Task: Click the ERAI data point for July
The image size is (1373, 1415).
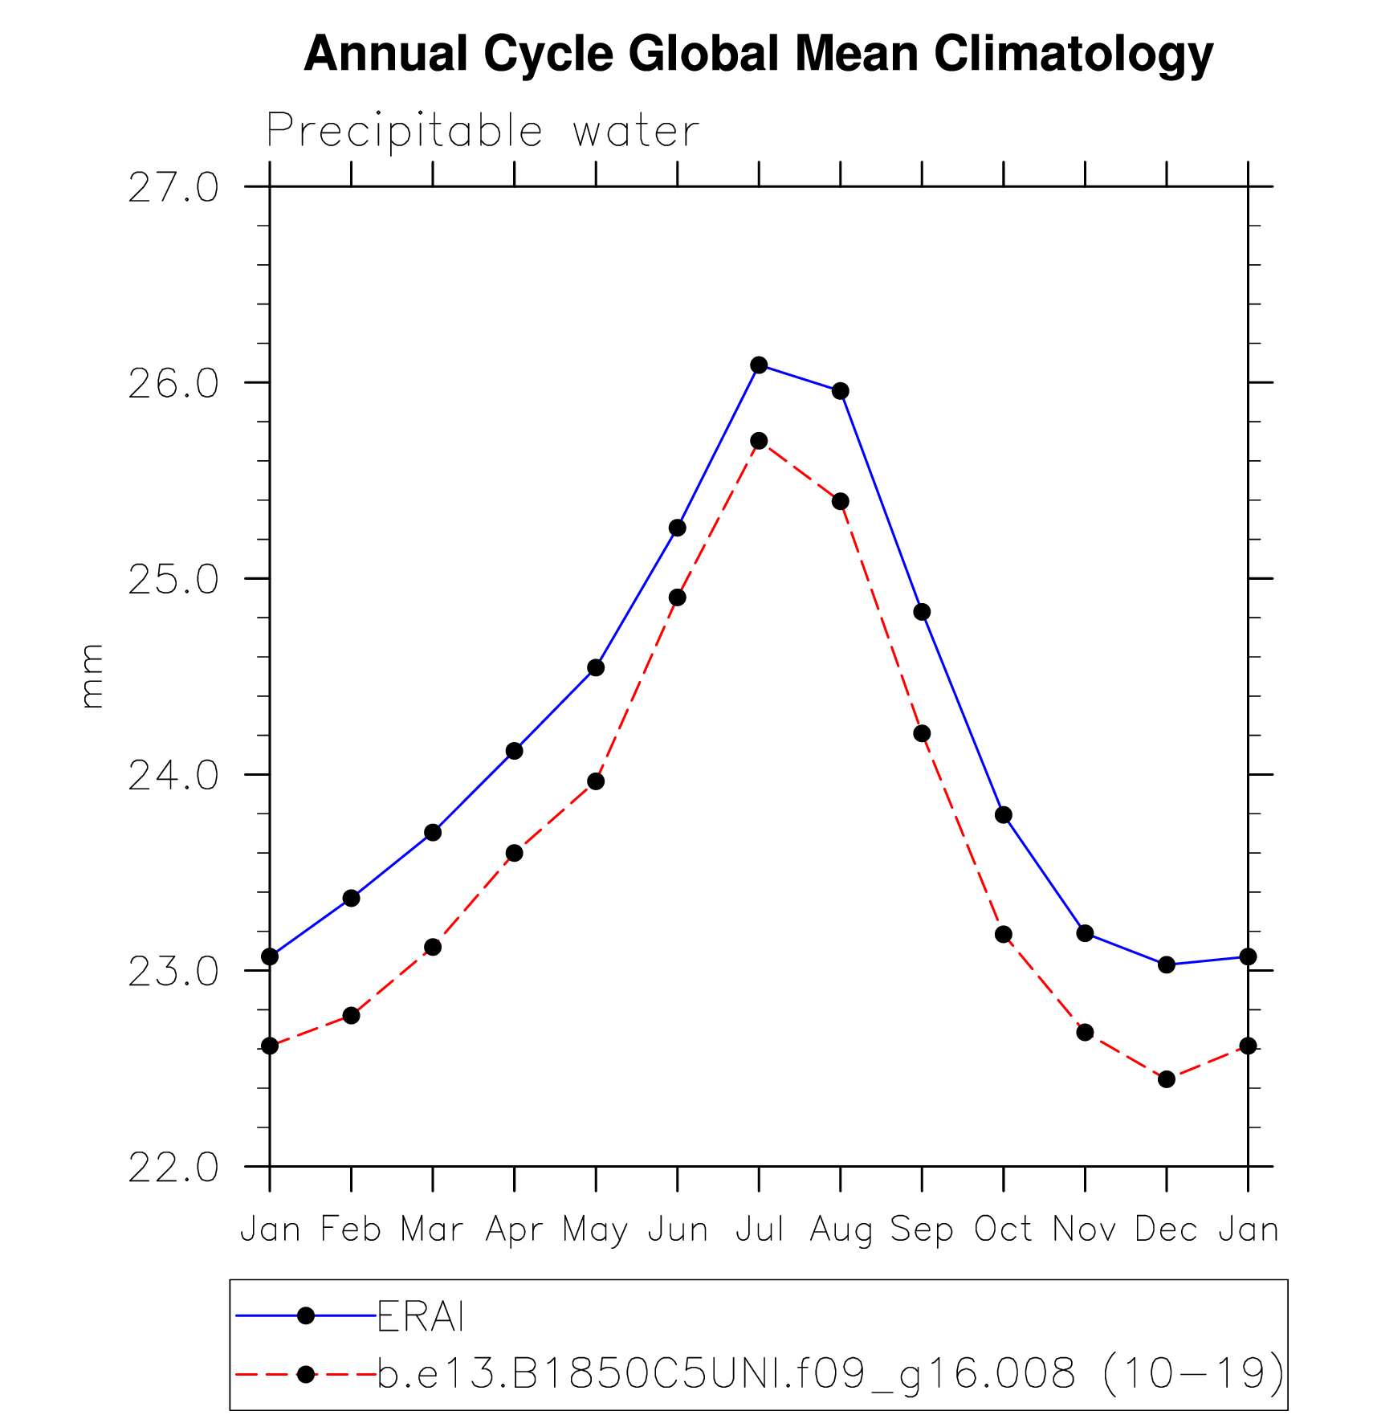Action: tap(759, 365)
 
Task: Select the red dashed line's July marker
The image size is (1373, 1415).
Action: tap(759, 441)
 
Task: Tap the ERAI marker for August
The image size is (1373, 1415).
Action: tap(841, 391)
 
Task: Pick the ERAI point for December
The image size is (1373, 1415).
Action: tap(1167, 964)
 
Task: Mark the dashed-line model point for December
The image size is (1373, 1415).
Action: tap(1167, 1079)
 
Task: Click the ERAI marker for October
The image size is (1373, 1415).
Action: tap(1004, 815)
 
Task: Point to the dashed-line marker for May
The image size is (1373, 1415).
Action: tap(596, 781)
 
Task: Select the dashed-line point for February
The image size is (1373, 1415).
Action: tap(351, 1016)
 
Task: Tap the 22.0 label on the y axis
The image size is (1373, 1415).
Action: tap(173, 1168)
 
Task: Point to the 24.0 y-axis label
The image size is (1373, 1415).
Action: tap(173, 777)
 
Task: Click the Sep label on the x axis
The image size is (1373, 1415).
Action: tap(922, 1229)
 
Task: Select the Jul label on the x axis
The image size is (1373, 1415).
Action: tap(759, 1229)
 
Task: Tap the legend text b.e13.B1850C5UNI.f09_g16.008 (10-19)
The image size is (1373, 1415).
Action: tap(831, 1374)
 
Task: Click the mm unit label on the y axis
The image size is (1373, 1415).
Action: tap(92, 676)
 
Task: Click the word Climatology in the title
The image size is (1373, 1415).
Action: tap(1074, 55)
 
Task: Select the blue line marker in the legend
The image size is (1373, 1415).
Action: tap(305, 1315)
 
